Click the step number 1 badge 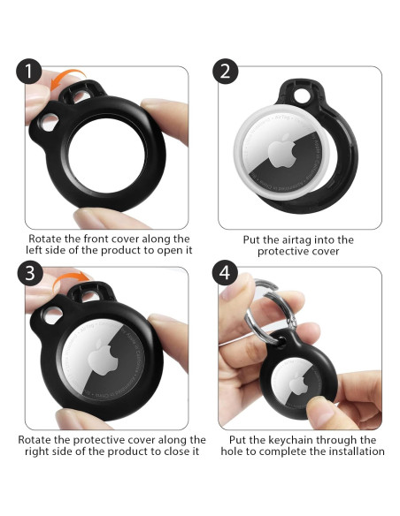[28, 71]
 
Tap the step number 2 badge [225, 71]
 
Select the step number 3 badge [30, 273]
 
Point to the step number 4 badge [225, 273]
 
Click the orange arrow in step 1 [65, 76]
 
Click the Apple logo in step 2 [280, 152]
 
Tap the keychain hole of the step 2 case [302, 95]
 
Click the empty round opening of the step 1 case [107, 156]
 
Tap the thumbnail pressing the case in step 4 [321, 410]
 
